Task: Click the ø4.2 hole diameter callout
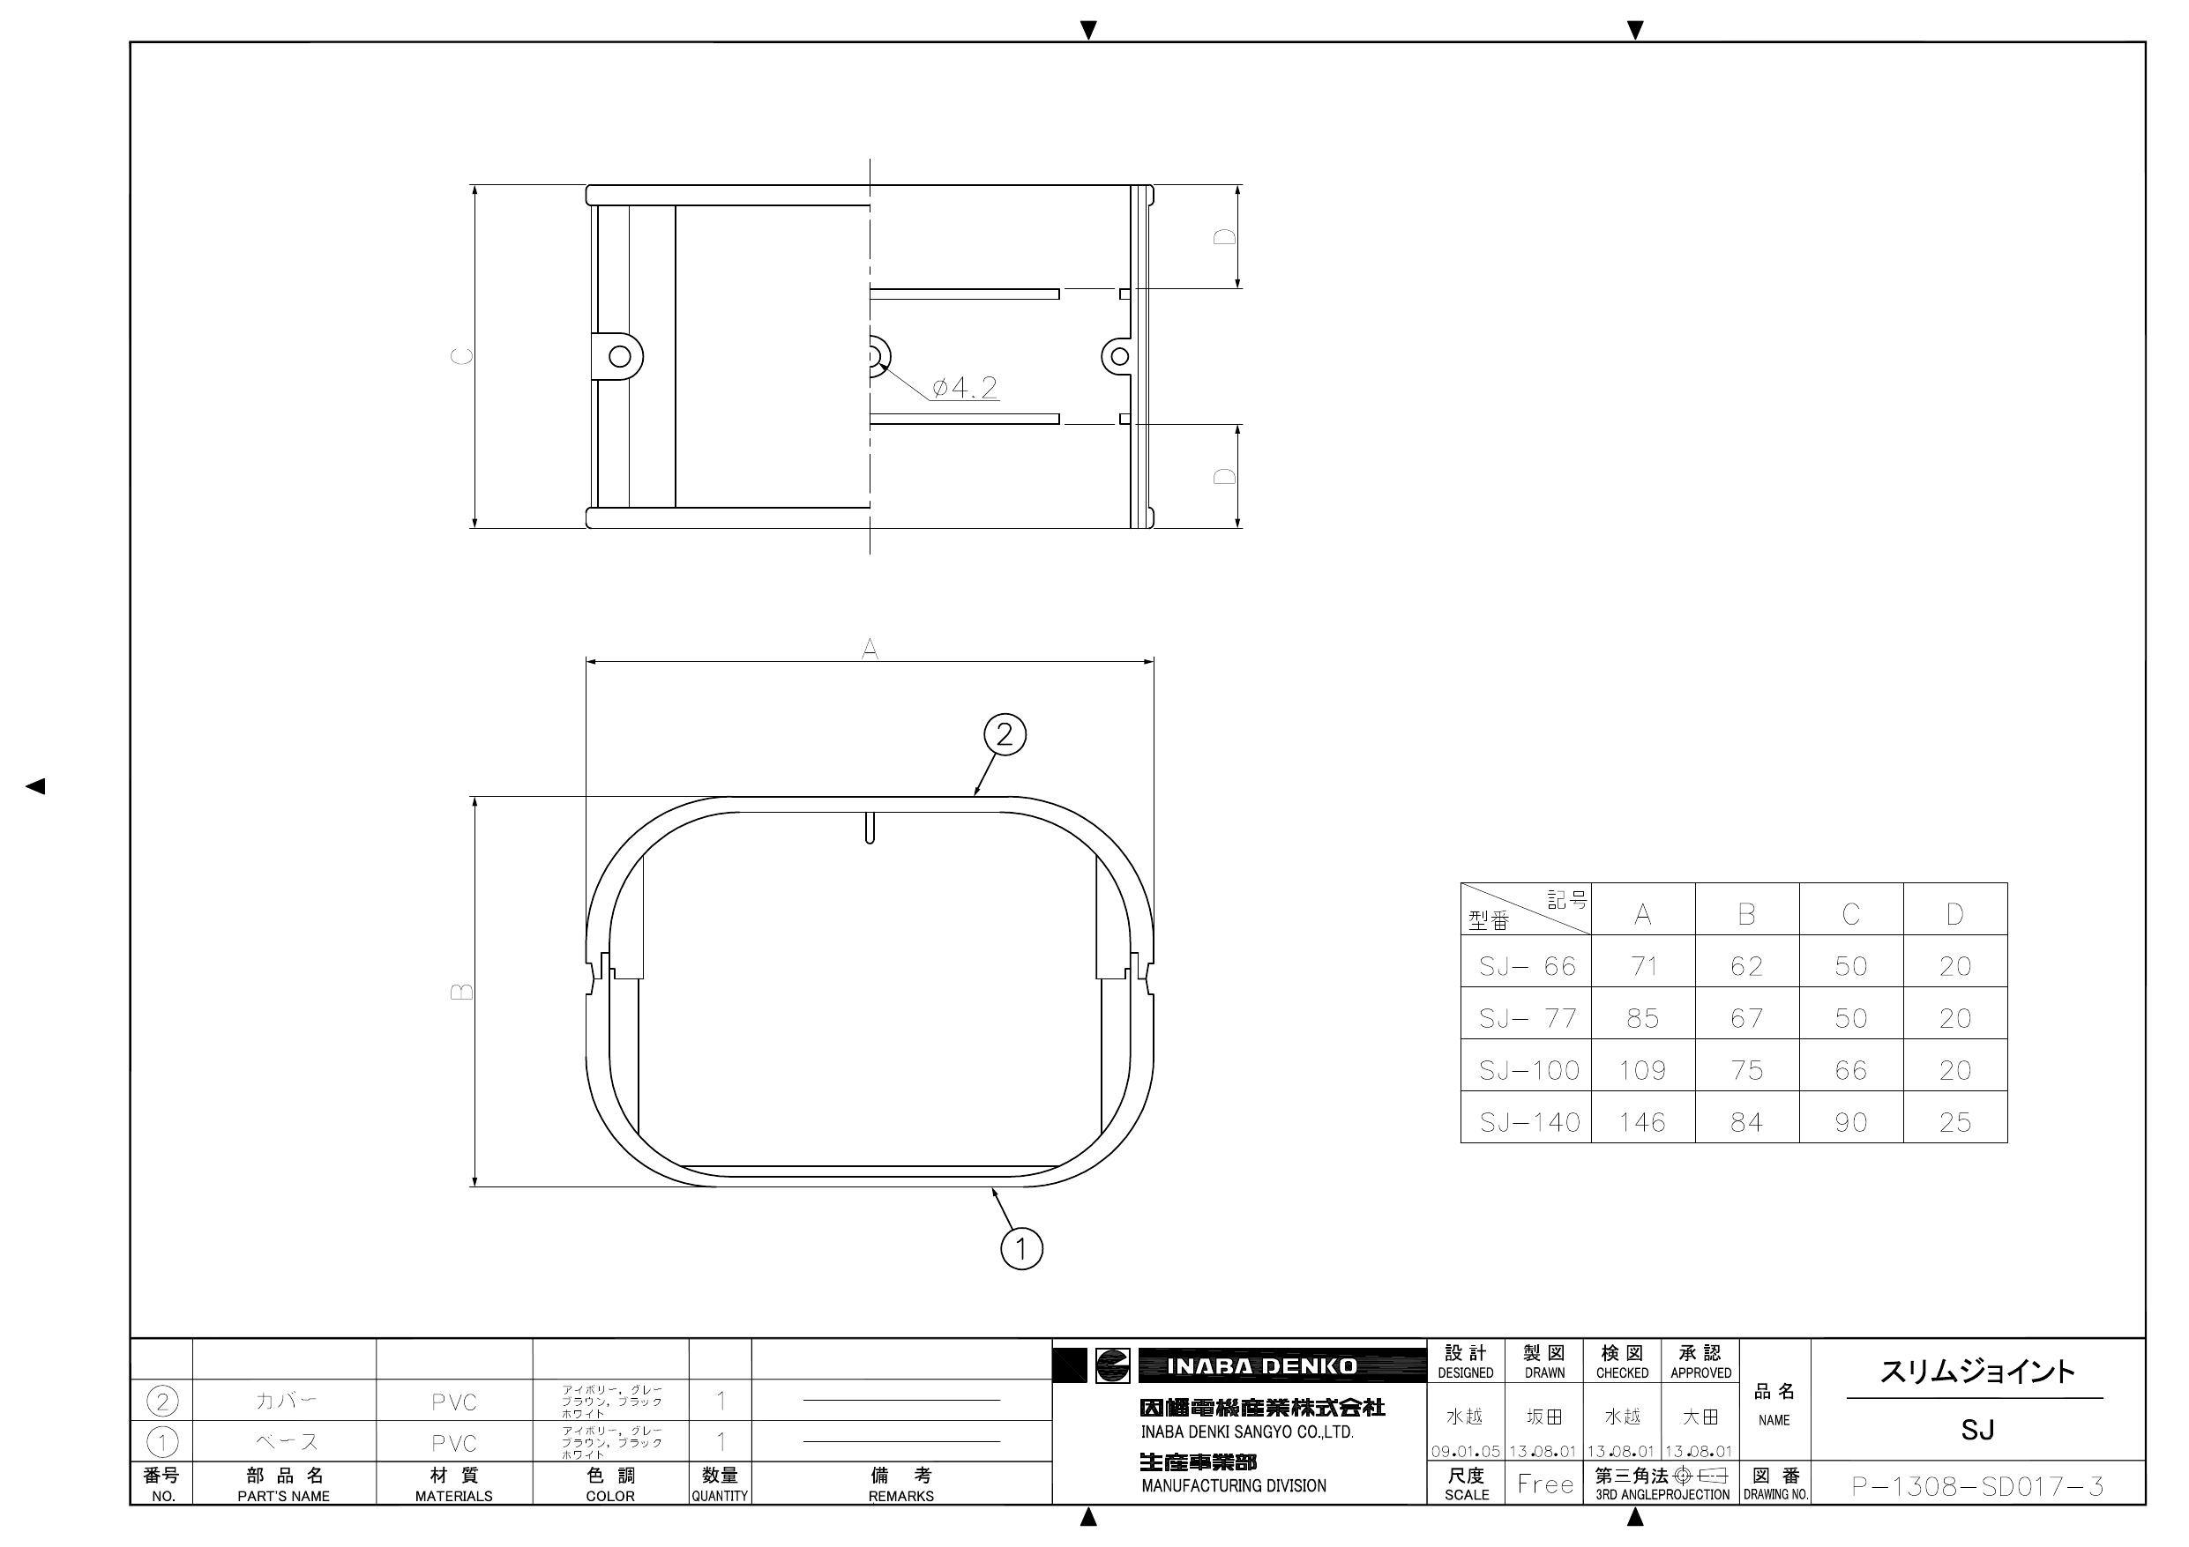click(964, 387)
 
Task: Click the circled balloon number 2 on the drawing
click(1004, 735)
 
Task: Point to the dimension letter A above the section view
click(870, 649)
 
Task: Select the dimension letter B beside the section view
click(461, 992)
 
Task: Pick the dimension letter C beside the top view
click(461, 356)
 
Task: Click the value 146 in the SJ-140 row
click(1642, 1122)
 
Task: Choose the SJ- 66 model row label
click(1528, 966)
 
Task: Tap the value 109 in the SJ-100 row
click(1642, 1070)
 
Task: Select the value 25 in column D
click(1954, 1122)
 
